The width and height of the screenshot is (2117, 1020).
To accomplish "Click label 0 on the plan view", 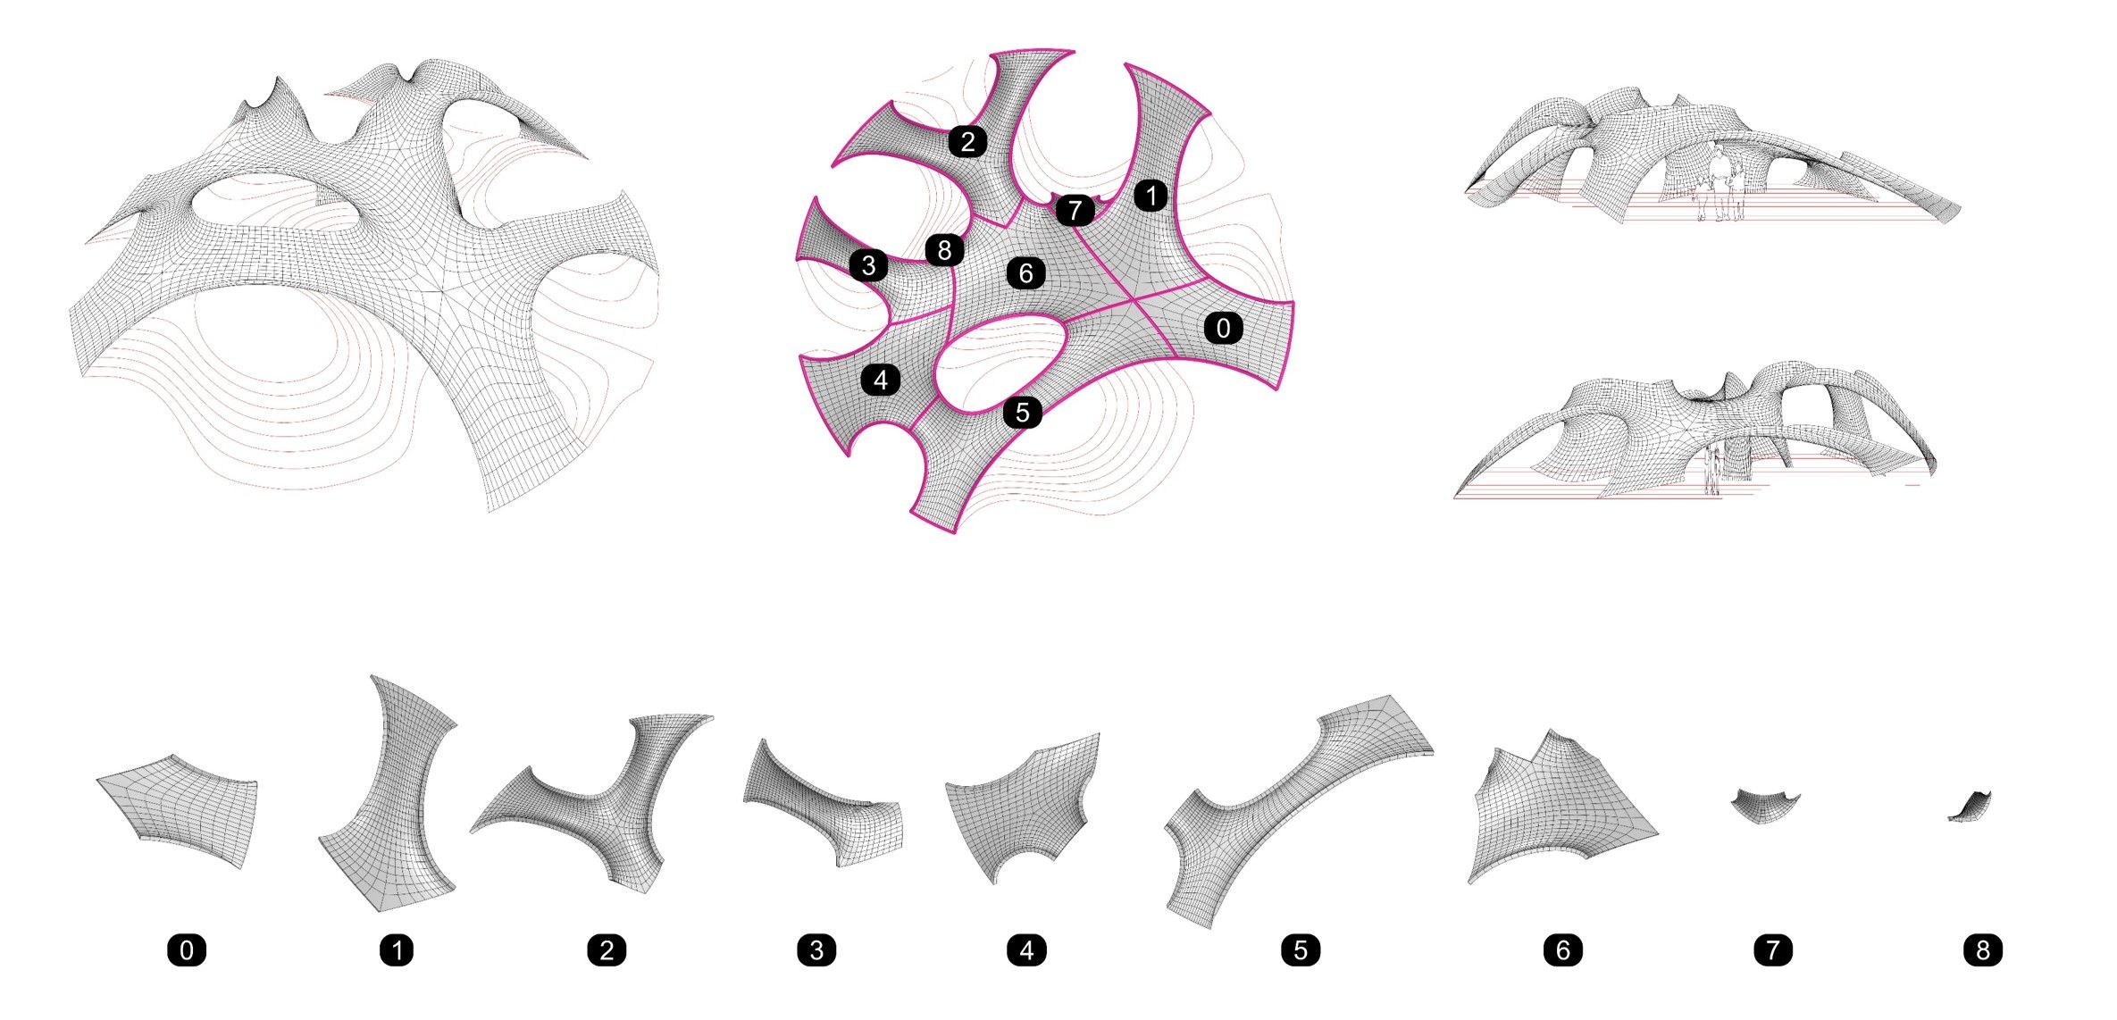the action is pos(1223,329).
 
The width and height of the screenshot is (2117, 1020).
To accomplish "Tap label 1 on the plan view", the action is pos(1151,196).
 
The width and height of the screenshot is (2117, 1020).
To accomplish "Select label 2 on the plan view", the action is pos(967,141).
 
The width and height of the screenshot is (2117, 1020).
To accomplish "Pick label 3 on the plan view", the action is pos(868,265).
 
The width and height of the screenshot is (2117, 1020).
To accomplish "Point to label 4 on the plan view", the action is pos(881,380).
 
